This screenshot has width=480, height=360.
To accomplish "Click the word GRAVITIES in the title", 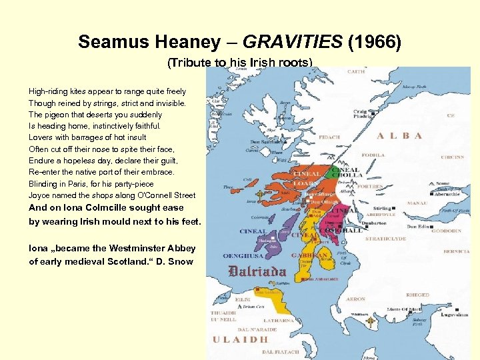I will coord(292,43).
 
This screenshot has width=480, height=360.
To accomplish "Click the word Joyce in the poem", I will coord(39,195).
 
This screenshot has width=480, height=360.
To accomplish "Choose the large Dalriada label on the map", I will coord(257,272).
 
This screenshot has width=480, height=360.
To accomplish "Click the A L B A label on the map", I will coord(399,135).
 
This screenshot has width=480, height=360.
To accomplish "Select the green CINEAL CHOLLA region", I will coord(343,173).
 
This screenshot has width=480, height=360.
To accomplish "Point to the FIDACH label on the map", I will coord(329,137).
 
